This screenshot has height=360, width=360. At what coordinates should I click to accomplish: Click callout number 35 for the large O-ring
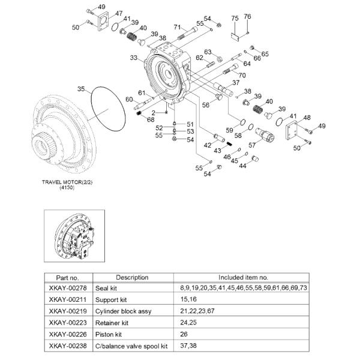pos(81,89)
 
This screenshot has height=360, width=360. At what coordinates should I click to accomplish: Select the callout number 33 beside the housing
pos(134,58)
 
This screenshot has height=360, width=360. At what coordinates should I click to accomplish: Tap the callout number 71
pos(177,27)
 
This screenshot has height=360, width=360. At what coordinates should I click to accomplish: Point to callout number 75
pos(235,18)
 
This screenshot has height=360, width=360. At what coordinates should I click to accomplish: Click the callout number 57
pos(253,144)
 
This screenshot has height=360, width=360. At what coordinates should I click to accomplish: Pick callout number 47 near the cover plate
pos(119,13)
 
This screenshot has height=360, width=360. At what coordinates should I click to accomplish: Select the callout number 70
pos(242,75)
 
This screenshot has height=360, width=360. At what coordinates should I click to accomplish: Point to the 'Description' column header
pos(132,277)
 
